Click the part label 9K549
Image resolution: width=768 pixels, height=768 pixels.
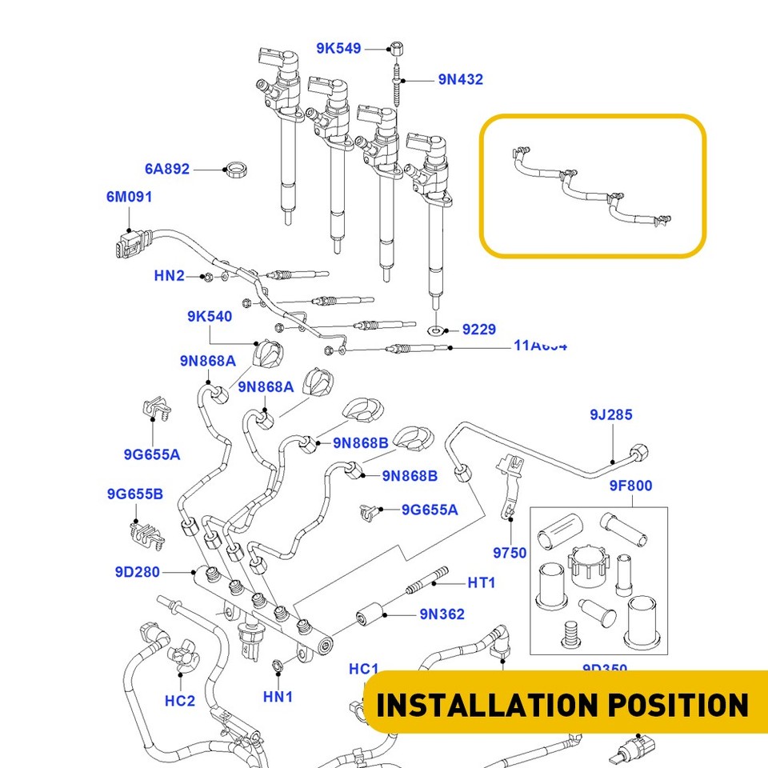[x=338, y=49]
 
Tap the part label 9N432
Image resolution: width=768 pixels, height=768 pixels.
[x=460, y=80]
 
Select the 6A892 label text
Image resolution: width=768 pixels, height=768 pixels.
[x=167, y=169]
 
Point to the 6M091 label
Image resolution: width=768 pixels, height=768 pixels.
[x=129, y=197]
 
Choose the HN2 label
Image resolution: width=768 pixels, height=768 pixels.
[x=169, y=276]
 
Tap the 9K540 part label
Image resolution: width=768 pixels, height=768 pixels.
[x=210, y=317]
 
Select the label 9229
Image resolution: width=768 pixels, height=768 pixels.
[x=479, y=330]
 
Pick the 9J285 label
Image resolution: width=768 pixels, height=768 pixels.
[x=611, y=414]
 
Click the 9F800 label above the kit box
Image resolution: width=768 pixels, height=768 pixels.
[x=630, y=486]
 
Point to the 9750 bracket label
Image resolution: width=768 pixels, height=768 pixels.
[x=510, y=553]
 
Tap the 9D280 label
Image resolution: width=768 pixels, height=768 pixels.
[x=137, y=572]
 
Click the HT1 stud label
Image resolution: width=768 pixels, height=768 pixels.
[x=482, y=583]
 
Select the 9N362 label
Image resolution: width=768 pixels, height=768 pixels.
[x=442, y=614]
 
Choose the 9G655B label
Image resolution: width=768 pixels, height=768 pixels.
[x=134, y=494]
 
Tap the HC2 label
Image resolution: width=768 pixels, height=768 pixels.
[x=180, y=701]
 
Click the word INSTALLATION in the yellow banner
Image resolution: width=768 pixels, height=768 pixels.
[x=477, y=705]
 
